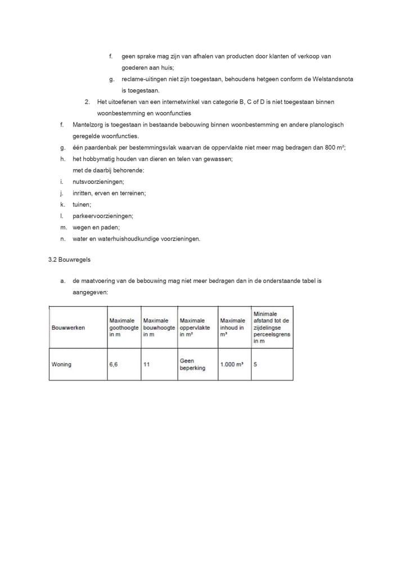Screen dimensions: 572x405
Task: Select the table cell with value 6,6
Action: coord(114,365)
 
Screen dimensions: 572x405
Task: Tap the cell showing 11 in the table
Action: coord(146,365)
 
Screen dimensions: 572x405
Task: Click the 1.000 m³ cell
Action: coord(232,365)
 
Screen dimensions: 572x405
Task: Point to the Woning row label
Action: coord(61,365)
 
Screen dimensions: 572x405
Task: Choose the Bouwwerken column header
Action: coord(68,328)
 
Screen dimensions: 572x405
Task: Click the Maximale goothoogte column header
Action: coord(123,328)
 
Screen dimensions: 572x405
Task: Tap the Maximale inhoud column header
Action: coord(232,328)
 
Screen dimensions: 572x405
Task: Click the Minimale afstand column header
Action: coord(271,328)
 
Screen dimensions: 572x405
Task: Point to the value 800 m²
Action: coord(334,147)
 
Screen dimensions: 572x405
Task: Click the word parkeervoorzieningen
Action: coord(102,216)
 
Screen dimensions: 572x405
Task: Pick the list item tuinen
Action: coord(82,205)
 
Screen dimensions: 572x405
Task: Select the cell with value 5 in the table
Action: coord(255,365)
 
